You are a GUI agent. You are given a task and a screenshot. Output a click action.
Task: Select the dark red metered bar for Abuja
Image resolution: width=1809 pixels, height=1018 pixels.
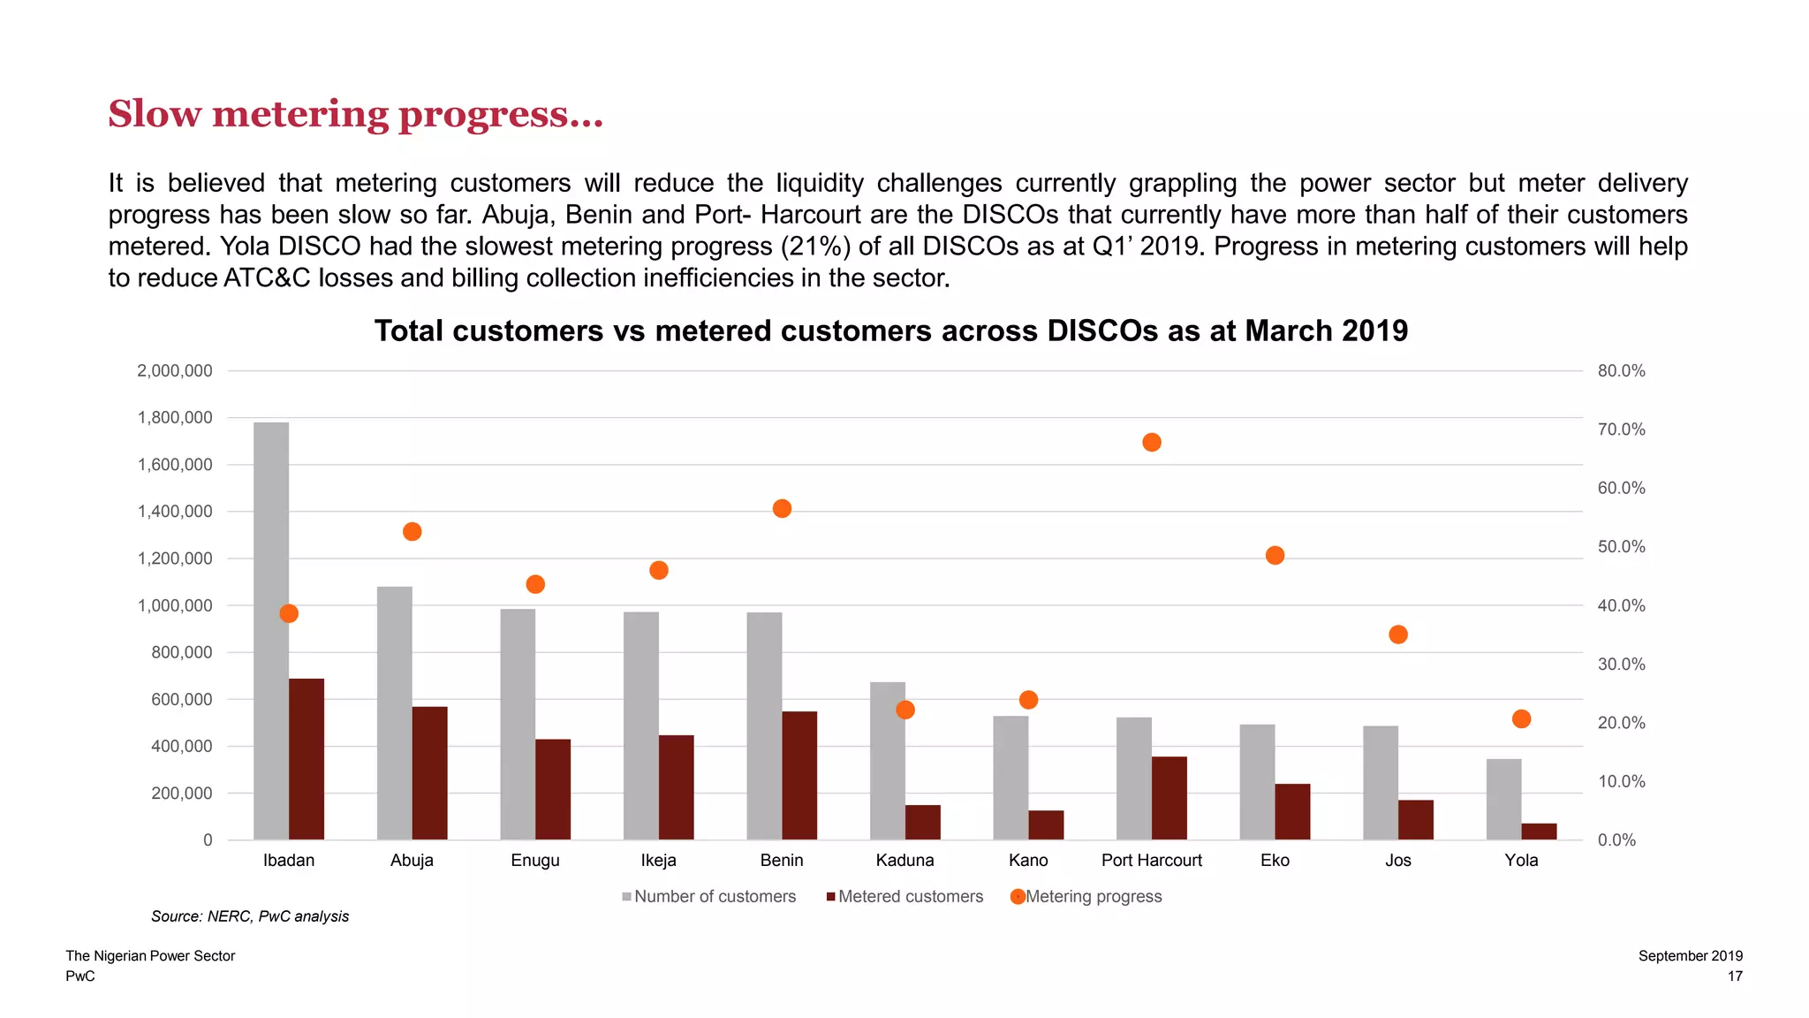pyautogui.click(x=429, y=773)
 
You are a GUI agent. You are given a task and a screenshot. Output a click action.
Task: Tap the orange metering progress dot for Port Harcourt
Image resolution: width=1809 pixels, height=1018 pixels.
pyautogui.click(x=1151, y=442)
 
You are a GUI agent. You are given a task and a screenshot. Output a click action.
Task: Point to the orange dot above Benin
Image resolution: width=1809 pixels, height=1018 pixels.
pyautogui.click(x=782, y=508)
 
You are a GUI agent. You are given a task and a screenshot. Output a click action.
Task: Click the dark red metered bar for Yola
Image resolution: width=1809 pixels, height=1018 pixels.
pyautogui.click(x=1539, y=832)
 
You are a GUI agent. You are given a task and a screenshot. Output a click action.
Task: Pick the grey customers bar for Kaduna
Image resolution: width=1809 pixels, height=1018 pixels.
pyautogui.click(x=888, y=760)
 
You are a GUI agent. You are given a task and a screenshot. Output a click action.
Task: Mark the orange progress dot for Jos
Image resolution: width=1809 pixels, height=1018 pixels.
pyautogui.click(x=1397, y=634)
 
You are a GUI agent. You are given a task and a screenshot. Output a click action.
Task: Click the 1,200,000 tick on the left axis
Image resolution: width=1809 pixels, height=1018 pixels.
pyautogui.click(x=175, y=558)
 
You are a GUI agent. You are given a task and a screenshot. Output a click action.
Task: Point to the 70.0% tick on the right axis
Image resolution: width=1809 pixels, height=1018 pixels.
pyautogui.click(x=1621, y=429)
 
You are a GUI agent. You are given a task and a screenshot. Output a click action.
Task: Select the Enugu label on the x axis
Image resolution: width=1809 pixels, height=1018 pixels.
pyautogui.click(x=535, y=860)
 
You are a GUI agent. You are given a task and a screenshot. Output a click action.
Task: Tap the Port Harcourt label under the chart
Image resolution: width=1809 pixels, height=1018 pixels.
pyautogui.click(x=1151, y=860)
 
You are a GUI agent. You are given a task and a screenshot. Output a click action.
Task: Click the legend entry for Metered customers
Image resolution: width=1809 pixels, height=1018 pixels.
pyautogui.click(x=910, y=896)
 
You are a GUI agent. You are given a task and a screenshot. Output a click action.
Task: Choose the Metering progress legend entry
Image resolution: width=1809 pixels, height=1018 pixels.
pyautogui.click(x=1093, y=896)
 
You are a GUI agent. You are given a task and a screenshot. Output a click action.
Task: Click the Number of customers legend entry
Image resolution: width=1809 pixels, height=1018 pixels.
pyautogui.click(x=715, y=896)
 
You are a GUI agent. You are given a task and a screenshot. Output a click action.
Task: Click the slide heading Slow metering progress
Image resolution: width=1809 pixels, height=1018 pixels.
pyautogui.click(x=355, y=114)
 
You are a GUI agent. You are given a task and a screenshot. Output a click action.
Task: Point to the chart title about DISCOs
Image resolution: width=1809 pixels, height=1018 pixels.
pyautogui.click(x=890, y=330)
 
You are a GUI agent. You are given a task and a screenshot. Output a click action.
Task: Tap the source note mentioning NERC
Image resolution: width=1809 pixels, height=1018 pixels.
pyautogui.click(x=250, y=916)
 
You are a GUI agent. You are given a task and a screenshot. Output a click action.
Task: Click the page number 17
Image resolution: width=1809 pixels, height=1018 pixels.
pyautogui.click(x=1735, y=976)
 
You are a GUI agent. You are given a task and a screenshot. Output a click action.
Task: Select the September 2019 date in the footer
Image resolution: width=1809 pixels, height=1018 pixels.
pyautogui.click(x=1690, y=955)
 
